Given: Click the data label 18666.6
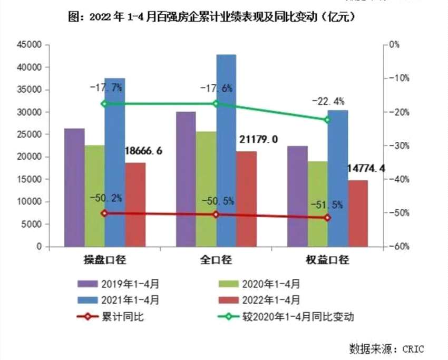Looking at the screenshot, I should click(x=143, y=151).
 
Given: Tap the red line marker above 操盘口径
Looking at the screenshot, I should click(x=104, y=213).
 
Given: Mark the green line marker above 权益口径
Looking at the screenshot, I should click(x=327, y=120).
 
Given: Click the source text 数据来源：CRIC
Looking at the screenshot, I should click(x=386, y=348).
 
